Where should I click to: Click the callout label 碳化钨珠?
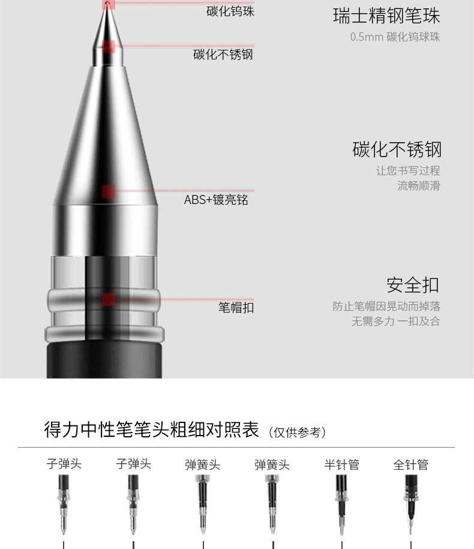tap(230, 11)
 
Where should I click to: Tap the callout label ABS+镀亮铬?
tap(216, 200)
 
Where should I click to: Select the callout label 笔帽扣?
tap(236, 307)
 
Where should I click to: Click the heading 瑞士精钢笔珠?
tap(386, 16)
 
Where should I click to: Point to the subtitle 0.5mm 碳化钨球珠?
tap(395, 37)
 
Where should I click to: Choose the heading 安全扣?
tap(413, 285)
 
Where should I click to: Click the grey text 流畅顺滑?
tap(418, 185)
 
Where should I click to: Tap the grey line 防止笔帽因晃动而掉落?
tap(386, 307)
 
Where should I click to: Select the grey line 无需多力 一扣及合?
tap(395, 321)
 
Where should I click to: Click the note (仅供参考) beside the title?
tap(297, 433)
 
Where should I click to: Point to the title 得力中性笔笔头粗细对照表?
tap(152, 429)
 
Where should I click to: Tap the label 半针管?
tap(341, 464)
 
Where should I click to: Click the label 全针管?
tap(410, 464)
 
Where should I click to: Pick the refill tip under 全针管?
tap(411, 505)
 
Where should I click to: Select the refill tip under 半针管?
tap(341, 505)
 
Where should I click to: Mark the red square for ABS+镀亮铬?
tap(109, 191)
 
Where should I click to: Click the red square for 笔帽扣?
tap(109, 299)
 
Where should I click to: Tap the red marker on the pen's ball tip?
tap(108, 4)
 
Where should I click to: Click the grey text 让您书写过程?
tap(408, 170)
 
